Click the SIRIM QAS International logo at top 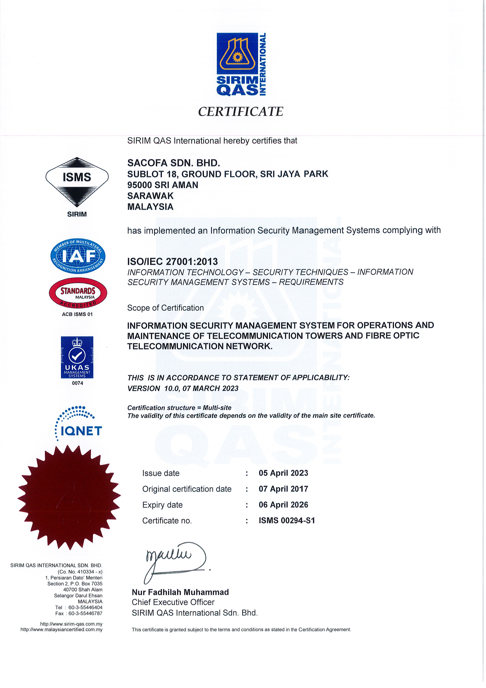pos(241,64)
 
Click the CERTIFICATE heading pos(241,112)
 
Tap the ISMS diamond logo pos(77,182)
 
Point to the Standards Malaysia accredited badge pos(78,293)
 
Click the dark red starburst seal pos(69,498)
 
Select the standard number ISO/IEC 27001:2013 pos(172,262)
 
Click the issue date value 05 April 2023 pos(283,473)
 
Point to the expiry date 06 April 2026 pos(283,505)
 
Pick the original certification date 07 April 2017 pos(283,489)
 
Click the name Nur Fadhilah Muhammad pos(180,592)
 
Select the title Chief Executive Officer pos(173,602)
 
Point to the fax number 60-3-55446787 pos(85,613)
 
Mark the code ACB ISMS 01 pos(77,314)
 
